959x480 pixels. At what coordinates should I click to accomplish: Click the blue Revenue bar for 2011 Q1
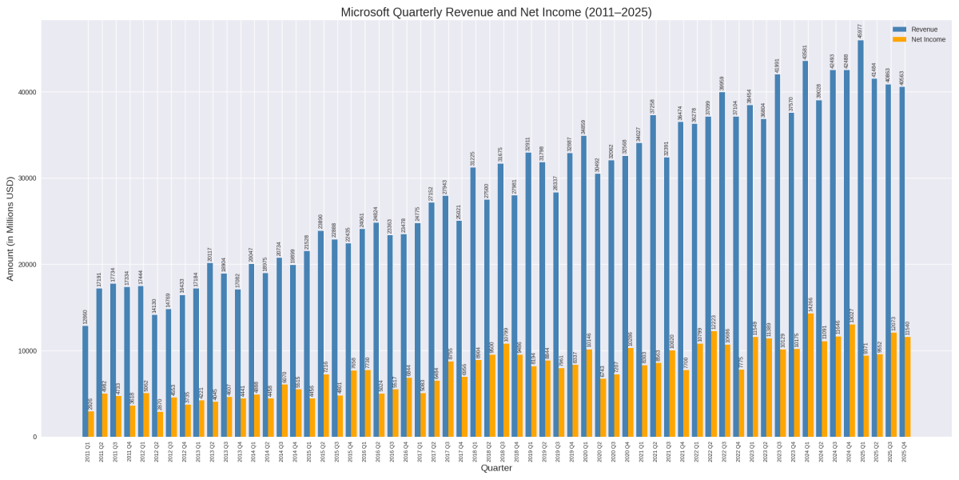pos(86,384)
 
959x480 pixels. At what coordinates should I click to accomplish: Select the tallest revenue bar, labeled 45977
pos(861,240)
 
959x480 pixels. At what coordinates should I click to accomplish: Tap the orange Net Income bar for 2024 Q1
pos(811,376)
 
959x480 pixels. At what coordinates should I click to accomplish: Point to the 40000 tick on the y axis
pos(27,92)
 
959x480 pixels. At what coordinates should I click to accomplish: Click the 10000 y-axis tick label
pos(27,350)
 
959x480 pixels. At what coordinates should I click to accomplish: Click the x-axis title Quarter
pos(496,469)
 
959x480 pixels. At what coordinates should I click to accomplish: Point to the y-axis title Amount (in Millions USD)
pos(10,229)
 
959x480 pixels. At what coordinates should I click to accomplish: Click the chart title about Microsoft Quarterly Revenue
pos(496,12)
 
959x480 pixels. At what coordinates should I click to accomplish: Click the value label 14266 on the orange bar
pos(811,305)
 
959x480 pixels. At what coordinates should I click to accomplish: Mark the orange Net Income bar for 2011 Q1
pos(91,424)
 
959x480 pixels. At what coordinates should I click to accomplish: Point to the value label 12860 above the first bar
pos(86,317)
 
